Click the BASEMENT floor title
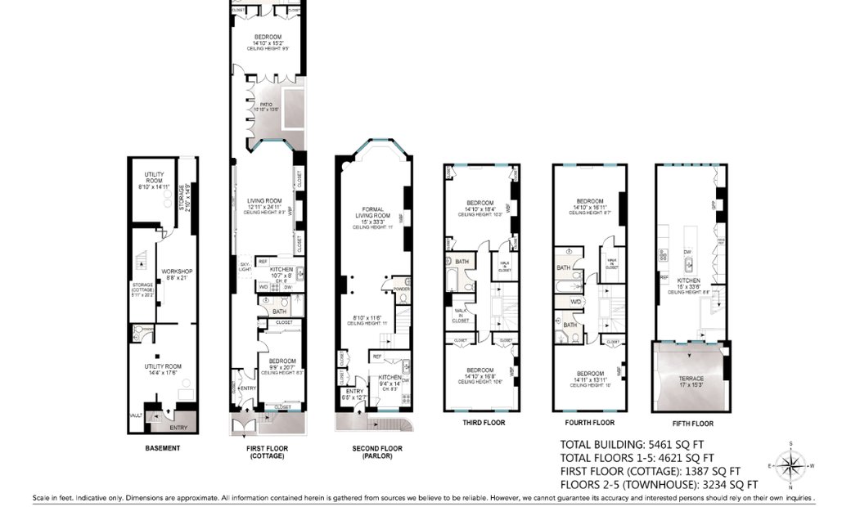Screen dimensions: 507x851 162,448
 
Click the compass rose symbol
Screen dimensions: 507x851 790,466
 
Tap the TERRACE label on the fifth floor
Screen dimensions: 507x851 691,379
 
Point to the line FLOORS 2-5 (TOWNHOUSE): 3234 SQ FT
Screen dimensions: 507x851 651,484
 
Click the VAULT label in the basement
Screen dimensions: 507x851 136,415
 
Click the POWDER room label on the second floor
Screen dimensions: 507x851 401,289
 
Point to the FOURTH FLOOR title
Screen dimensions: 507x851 590,423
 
